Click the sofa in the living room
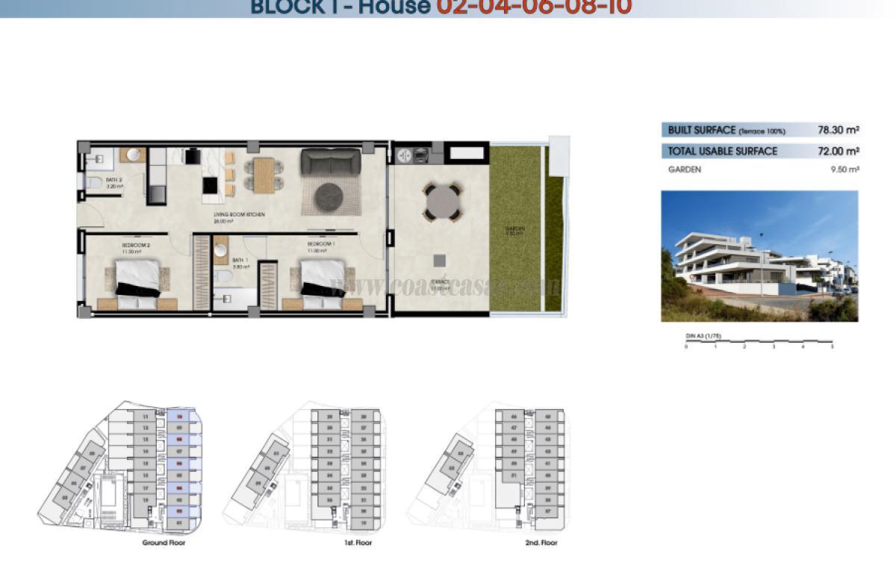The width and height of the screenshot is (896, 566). pos(329,161)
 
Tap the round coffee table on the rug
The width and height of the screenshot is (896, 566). pos(329,197)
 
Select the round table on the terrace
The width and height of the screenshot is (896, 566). pos(442,202)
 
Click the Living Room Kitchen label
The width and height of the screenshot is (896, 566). pos(239,216)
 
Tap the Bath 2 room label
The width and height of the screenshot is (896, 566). pos(113,180)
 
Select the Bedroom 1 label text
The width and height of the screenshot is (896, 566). pos(321,244)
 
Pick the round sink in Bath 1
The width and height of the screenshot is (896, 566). pos(220,251)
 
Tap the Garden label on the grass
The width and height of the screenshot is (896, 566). pos(514,228)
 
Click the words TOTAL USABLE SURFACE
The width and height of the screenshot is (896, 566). pos(722,151)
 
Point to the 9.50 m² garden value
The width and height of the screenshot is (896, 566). pos(845,170)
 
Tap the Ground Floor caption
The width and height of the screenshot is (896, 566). pos(164,543)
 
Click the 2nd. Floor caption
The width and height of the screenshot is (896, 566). pos(541,543)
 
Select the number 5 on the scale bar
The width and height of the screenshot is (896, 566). pos(832,347)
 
